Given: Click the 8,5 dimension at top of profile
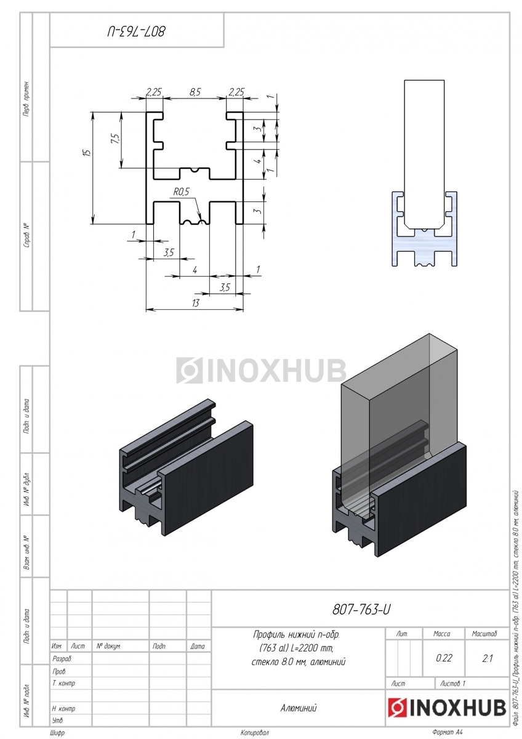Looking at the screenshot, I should coord(195,92).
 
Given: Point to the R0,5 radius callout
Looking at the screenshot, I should coord(181,192).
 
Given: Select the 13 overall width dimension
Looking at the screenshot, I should coord(195,302).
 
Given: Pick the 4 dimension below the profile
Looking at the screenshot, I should coord(195,270).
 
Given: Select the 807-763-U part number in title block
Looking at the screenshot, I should coord(361,610).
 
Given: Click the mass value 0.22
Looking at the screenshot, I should coord(444,658).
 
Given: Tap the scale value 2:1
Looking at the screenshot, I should coord(488,658).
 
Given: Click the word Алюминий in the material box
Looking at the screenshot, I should coord(298,708).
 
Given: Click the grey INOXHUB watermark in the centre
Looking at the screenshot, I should coord(262,371).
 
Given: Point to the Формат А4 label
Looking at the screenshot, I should coord(447,732).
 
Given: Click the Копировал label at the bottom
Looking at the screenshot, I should coord(255,732).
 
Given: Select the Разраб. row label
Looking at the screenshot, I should coord(63,658).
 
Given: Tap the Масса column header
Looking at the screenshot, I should coord(442,633).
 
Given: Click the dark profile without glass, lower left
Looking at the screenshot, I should coord(185,474).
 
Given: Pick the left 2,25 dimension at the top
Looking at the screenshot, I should coord(153,92).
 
